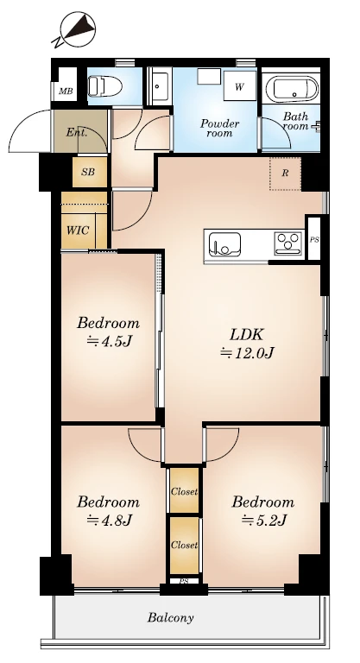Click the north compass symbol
[75, 29]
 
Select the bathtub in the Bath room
[292, 88]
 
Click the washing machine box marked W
[239, 85]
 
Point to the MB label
[66, 92]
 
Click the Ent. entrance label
[77, 133]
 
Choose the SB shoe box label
[88, 172]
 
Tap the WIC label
[78, 230]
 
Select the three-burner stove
[288, 243]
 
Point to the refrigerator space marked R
[285, 174]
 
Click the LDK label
[247, 335]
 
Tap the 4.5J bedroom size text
[108, 341]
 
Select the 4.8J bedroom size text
[108, 520]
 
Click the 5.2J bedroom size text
[264, 520]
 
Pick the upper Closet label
[184, 492]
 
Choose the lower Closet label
[184, 546]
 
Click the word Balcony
[170, 618]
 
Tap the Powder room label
[219, 128]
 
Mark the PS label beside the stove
[314, 240]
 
